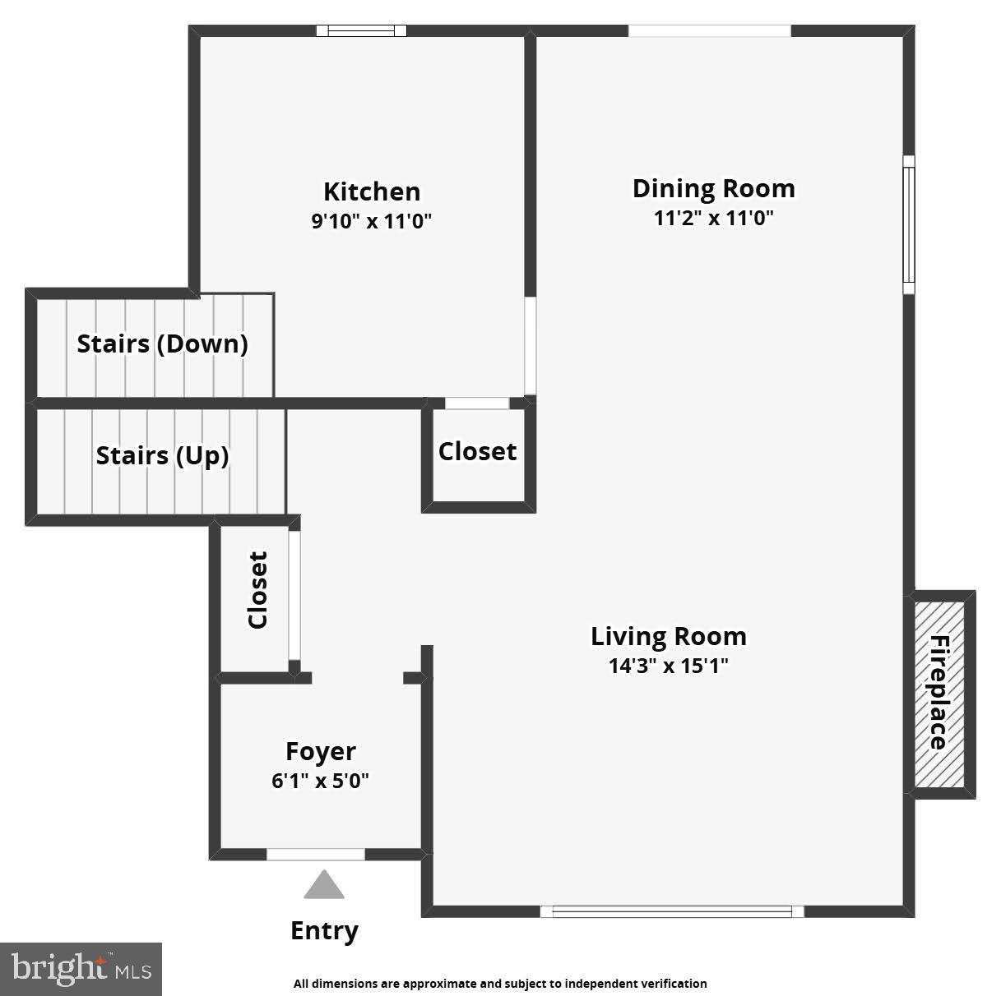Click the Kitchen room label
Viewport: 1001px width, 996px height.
(x=371, y=191)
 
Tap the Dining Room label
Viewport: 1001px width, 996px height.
(x=713, y=188)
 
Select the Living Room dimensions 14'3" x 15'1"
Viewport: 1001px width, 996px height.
(x=668, y=666)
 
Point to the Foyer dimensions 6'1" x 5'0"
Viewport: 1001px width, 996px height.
(x=320, y=781)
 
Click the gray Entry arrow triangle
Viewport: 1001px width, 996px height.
(x=324, y=885)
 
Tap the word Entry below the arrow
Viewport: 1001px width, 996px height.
(x=324, y=931)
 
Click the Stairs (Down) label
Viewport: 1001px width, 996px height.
(x=162, y=344)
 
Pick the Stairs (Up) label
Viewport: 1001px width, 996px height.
(x=162, y=455)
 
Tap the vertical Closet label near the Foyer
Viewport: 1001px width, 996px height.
(x=257, y=590)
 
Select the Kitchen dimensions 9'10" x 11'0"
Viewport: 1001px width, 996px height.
(x=371, y=222)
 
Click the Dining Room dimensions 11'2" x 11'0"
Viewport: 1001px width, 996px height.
(x=713, y=219)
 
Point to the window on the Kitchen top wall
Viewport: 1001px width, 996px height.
(x=362, y=31)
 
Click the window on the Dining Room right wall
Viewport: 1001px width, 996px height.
(x=908, y=224)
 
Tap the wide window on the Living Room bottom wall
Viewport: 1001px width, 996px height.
(x=671, y=911)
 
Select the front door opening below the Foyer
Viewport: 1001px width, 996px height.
(x=315, y=855)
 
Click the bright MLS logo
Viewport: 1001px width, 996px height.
(x=81, y=969)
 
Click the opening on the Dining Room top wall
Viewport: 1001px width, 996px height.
(x=709, y=31)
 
